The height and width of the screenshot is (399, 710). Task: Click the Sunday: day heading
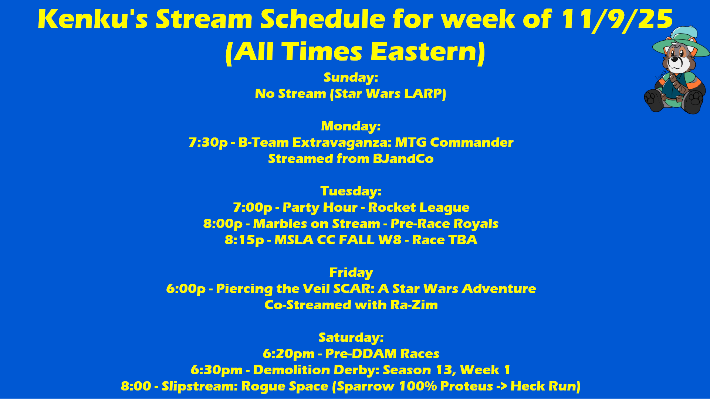[x=351, y=77]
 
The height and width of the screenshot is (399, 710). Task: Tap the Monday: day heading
[x=351, y=126]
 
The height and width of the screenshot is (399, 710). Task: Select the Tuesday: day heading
[x=351, y=191]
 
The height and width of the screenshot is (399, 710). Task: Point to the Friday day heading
[x=351, y=273]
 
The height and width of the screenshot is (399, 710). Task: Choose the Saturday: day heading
[x=351, y=338]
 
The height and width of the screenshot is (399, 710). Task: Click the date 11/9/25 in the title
[x=617, y=20]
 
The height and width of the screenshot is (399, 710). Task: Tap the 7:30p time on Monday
[x=208, y=143]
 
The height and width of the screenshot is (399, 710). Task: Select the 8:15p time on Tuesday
[x=244, y=240]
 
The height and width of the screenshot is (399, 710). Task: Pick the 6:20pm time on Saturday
[x=288, y=354]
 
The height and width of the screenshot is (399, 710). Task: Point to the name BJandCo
[x=403, y=159]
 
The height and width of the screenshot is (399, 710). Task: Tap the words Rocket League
[x=419, y=208]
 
